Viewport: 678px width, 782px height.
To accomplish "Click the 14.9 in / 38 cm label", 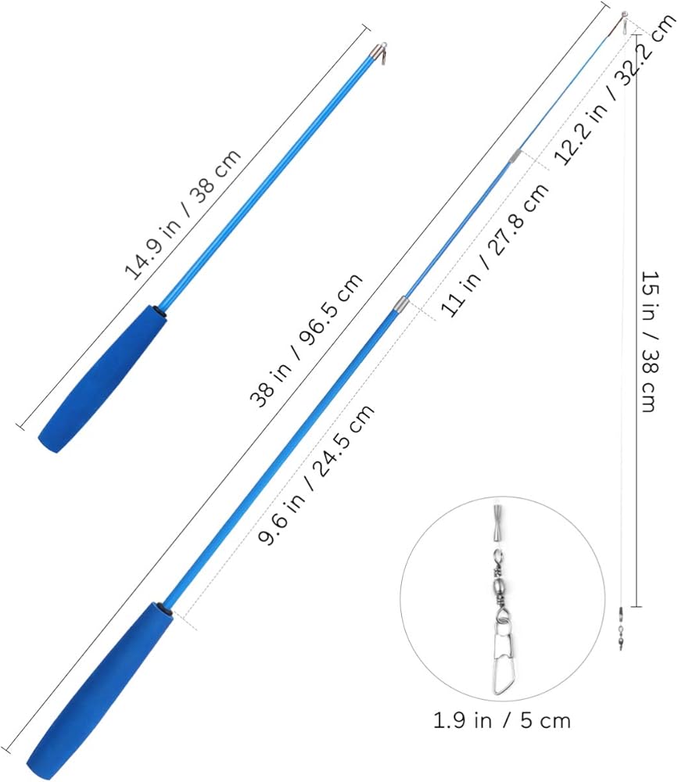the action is (182, 214).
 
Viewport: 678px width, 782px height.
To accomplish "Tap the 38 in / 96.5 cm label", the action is (307, 341).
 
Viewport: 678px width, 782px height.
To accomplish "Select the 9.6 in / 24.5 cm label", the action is (316, 475).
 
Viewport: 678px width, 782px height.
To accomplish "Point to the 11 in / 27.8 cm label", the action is (494, 250).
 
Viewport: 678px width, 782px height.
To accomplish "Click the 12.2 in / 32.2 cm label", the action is (615, 90).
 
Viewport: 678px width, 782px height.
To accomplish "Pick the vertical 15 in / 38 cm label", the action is (651, 342).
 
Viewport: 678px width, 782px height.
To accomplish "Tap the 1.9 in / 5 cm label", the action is (501, 721).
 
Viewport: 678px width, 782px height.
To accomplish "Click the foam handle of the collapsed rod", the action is (102, 378).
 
